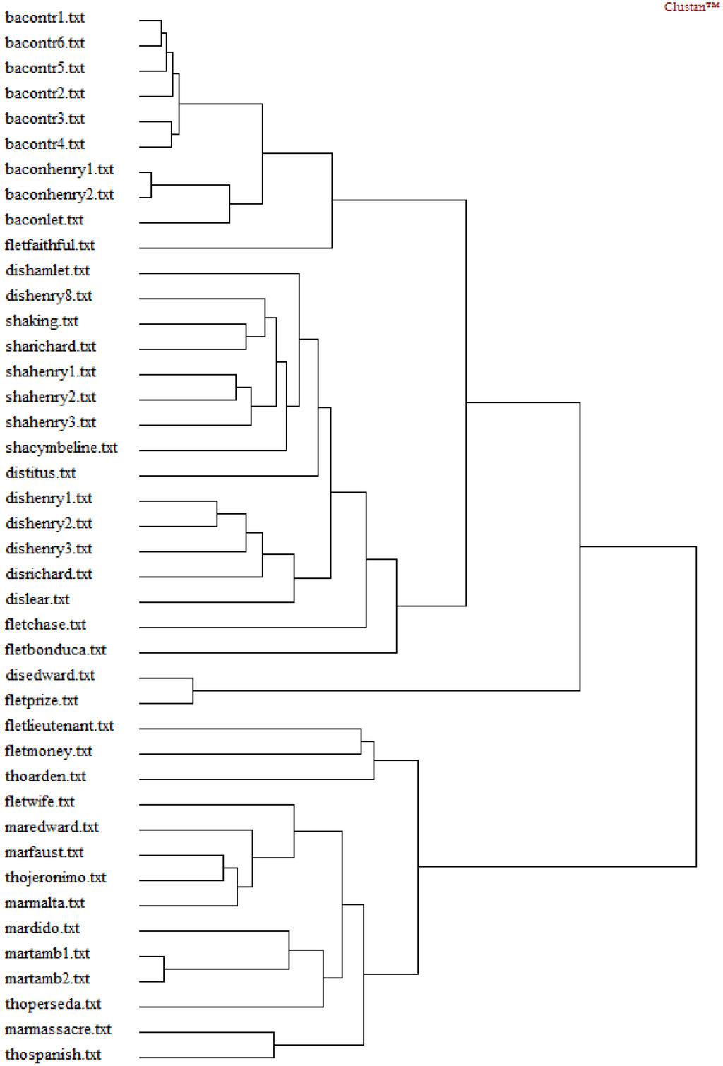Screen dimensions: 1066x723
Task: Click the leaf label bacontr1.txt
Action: tap(44, 18)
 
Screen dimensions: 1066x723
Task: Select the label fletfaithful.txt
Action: tap(49, 245)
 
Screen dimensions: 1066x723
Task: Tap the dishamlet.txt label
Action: tap(47, 270)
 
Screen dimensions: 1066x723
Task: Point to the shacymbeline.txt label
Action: tap(61, 448)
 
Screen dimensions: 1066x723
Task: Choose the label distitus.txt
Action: tap(40, 473)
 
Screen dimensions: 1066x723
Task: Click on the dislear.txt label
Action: tap(37, 599)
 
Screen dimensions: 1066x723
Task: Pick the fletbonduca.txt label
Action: tap(55, 649)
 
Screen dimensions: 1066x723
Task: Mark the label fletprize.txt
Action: tap(41, 700)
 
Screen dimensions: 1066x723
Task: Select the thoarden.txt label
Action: tap(45, 777)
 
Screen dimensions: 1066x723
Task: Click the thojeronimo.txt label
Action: tap(55, 878)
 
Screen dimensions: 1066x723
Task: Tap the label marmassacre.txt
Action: tap(58, 1029)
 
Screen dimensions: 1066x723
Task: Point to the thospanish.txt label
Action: tap(53, 1055)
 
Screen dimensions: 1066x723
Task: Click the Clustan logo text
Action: tap(691, 7)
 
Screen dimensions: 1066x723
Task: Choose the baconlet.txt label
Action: tap(44, 220)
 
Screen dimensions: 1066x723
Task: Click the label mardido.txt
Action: tap(42, 928)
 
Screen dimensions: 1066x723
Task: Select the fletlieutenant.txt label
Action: tap(59, 726)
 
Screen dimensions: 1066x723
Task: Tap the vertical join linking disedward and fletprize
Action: tap(193, 690)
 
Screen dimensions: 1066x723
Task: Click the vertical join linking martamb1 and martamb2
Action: tap(164, 969)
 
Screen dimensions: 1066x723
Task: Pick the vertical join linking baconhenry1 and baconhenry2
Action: tap(151, 185)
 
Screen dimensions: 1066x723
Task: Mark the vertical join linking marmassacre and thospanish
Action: tap(274, 1045)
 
